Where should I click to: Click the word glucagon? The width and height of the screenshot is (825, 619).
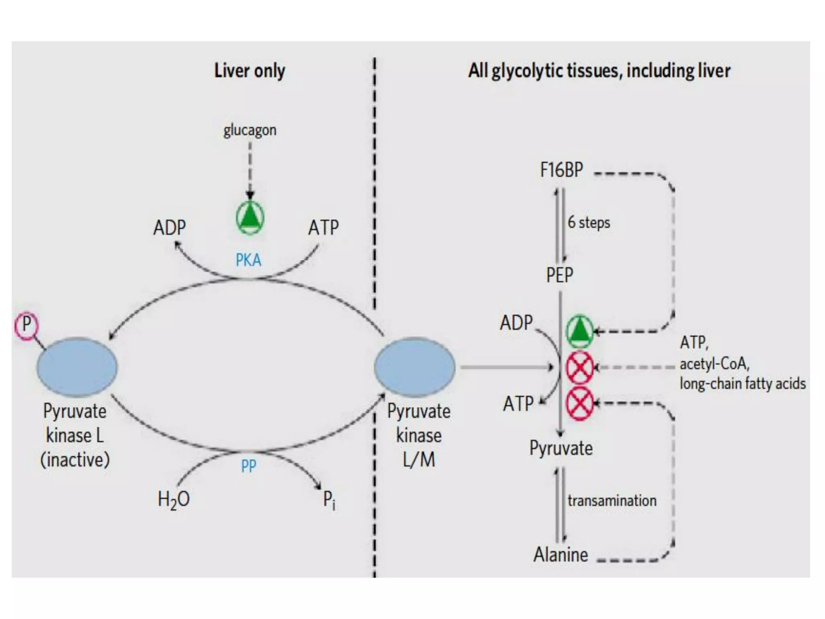click(x=250, y=131)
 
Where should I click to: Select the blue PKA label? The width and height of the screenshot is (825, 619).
click(x=248, y=260)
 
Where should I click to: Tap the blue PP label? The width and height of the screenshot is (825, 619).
click(x=248, y=466)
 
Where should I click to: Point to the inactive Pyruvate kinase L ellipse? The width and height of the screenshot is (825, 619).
click(x=77, y=367)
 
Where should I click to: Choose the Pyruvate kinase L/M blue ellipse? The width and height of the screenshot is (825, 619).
click(x=415, y=367)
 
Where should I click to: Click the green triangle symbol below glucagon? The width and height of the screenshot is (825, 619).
click(x=250, y=218)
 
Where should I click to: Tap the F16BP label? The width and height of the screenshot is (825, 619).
click(x=561, y=170)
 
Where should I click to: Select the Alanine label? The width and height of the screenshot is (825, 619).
click(x=561, y=555)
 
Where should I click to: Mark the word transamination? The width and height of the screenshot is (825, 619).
click(x=612, y=501)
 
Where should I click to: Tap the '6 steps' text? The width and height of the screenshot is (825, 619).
click(x=589, y=222)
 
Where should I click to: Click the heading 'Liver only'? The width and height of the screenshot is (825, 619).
click(x=250, y=71)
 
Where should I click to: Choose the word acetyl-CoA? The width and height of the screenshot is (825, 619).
click(x=714, y=364)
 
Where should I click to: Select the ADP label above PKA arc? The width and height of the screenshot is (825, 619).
click(x=170, y=228)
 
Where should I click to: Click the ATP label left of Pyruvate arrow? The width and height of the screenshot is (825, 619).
click(x=518, y=404)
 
